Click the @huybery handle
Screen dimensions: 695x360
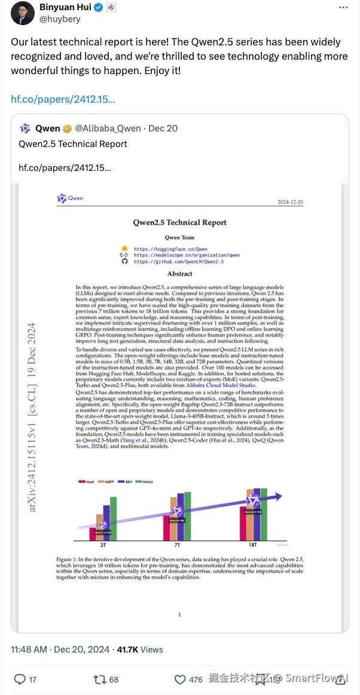tap(60, 20)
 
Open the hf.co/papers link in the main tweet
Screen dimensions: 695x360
tap(63, 98)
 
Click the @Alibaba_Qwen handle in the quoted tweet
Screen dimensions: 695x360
tap(108, 128)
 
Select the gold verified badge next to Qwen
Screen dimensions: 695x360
tap(66, 128)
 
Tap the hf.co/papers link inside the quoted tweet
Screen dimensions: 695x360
tap(65, 167)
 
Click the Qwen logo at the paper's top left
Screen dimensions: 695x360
tap(70, 198)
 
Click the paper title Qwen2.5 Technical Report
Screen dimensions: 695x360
tap(179, 222)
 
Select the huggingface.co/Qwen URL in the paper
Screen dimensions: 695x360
tap(170, 249)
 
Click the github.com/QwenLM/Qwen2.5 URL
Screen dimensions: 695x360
tap(179, 261)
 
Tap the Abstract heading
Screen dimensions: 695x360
tap(179, 274)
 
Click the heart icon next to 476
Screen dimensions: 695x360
tap(179, 679)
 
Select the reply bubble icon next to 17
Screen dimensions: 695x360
tap(20, 679)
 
